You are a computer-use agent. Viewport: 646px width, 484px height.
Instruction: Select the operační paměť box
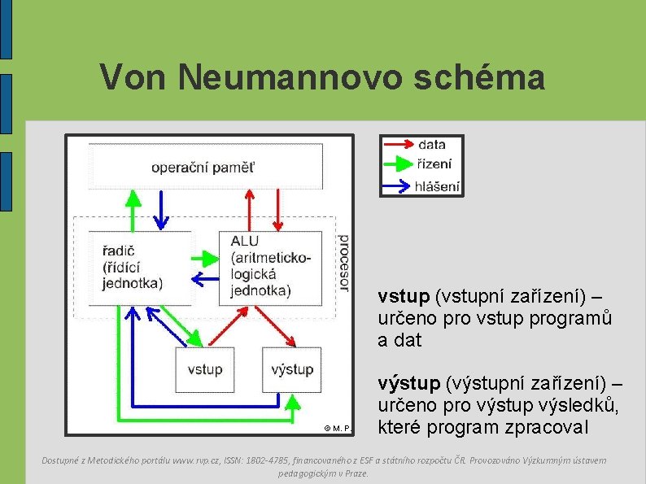click(x=204, y=168)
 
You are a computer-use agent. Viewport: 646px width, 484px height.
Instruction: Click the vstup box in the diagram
click(x=204, y=369)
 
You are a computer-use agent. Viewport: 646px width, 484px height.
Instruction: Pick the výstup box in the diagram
click(x=291, y=369)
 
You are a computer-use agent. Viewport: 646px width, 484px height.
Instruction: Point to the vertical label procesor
click(x=343, y=262)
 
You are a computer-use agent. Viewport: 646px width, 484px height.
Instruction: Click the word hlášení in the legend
click(x=438, y=185)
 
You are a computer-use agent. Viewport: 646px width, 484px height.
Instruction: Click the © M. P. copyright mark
click(x=336, y=427)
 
